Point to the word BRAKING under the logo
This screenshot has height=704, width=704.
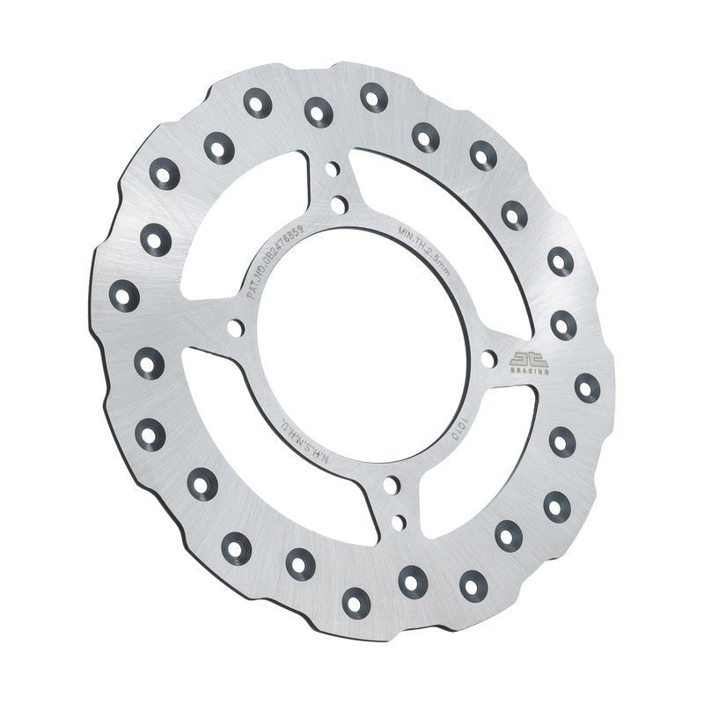(528, 372)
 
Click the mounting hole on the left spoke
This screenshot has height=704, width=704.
(235, 328)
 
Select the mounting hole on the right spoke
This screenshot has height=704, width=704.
(488, 357)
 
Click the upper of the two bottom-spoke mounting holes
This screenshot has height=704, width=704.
(388, 484)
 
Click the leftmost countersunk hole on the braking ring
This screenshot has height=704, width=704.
(124, 295)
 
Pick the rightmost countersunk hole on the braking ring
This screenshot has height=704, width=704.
(587, 387)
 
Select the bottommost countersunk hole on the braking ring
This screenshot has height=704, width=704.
(355, 601)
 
